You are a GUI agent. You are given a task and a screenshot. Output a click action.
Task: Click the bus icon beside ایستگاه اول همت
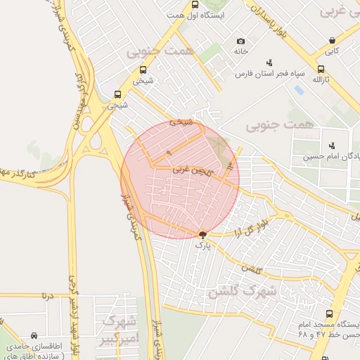point(195,4)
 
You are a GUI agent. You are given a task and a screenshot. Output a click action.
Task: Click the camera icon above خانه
point(241,41)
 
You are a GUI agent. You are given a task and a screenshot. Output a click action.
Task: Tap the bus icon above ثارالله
point(321,69)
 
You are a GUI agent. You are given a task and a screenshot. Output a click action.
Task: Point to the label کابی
point(332,51)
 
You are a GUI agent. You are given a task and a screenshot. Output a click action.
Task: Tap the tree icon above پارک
point(202,235)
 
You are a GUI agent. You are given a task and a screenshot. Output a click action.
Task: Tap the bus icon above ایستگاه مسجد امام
point(329,314)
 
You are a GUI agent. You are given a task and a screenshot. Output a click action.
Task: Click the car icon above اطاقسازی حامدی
point(34,336)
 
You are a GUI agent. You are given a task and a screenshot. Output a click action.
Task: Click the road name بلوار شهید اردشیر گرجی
point(74,281)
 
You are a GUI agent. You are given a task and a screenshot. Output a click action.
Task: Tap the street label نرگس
point(249,268)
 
